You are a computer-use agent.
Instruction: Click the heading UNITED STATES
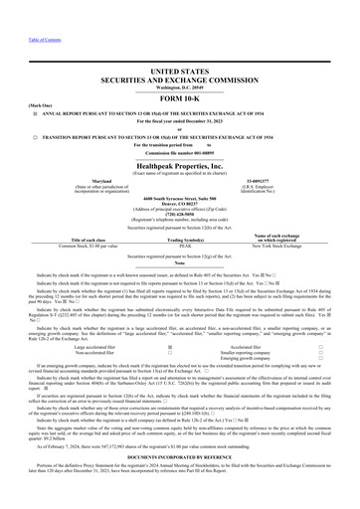pyautogui.click(x=180, y=74)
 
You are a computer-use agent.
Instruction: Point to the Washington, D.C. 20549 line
pyautogui.click(x=180, y=85)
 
